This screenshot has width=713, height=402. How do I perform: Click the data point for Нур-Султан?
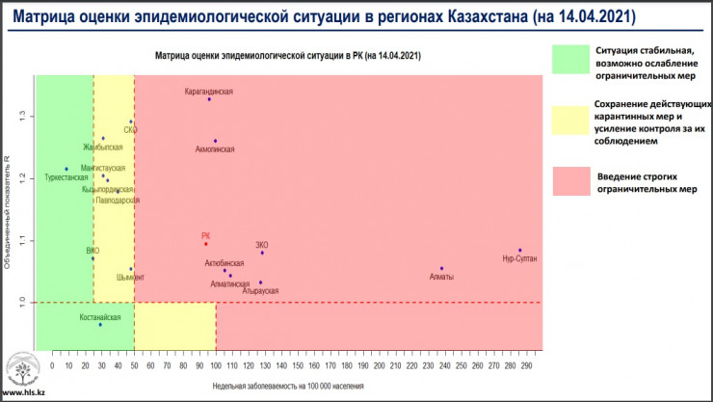coord(519,251)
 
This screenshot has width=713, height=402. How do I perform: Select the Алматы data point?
coord(441,269)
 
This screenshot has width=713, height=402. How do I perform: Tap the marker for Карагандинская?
coord(209,99)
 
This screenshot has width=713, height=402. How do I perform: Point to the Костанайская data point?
coord(100,325)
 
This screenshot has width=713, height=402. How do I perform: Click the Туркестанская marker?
coord(66,169)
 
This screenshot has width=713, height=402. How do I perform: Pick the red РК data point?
coord(206,244)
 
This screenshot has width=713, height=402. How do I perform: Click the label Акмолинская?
coord(215,150)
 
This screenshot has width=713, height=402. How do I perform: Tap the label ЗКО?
coord(262,245)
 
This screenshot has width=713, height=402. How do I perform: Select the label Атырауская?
coord(260,291)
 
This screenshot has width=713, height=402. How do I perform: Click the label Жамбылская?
coord(103,148)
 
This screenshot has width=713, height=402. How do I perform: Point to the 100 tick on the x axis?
coord(217,367)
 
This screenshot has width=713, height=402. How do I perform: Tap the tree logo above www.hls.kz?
coord(22,370)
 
